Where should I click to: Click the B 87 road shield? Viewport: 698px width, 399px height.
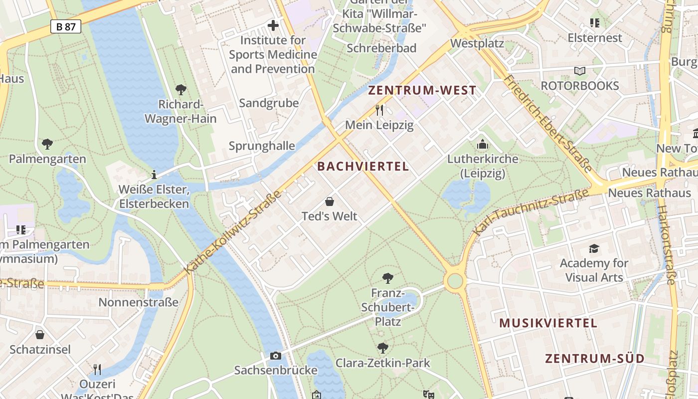(66, 26)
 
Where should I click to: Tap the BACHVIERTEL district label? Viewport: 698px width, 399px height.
(363, 167)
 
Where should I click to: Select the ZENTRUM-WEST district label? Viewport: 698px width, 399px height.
(422, 91)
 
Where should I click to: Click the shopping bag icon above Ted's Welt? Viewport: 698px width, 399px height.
(329, 202)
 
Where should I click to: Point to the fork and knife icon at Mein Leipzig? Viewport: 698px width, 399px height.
(379, 110)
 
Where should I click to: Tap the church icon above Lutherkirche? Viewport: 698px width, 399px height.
(482, 145)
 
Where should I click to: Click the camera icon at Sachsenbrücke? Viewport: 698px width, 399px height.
(275, 356)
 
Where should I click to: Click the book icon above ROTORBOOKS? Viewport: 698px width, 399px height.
(579, 71)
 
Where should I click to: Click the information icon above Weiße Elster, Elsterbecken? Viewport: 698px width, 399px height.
(154, 175)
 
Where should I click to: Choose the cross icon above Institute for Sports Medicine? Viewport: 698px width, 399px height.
(273, 25)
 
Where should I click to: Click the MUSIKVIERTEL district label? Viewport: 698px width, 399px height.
(548, 323)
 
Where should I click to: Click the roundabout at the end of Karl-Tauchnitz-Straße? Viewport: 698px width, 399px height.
(455, 281)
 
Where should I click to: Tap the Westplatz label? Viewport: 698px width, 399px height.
(477, 44)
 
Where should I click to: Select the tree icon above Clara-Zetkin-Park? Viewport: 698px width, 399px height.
(382, 348)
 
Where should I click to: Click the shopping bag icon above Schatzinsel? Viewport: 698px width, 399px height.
(40, 335)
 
